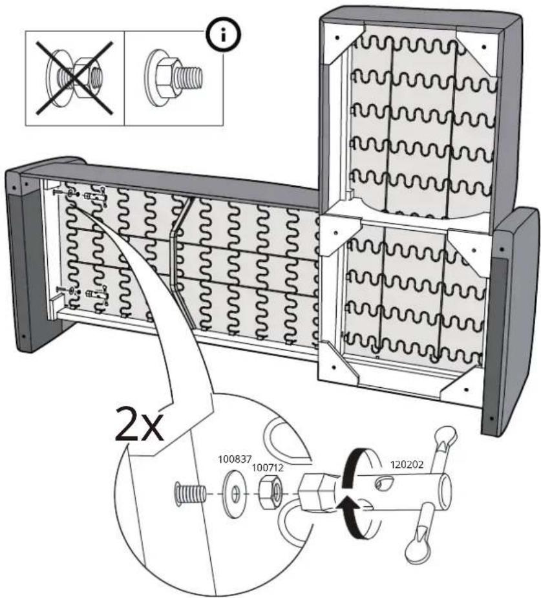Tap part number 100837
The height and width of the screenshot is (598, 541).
tap(235, 459)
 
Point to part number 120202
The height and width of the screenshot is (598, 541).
tap(406, 465)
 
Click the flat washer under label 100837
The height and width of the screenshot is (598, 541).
tap(235, 495)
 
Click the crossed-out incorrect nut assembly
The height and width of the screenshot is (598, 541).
tap(75, 78)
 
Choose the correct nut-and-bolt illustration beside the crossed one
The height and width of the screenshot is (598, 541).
tap(173, 78)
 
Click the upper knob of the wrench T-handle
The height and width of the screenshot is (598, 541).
tap(446, 435)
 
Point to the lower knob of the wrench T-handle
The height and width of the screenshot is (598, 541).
tap(416, 551)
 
